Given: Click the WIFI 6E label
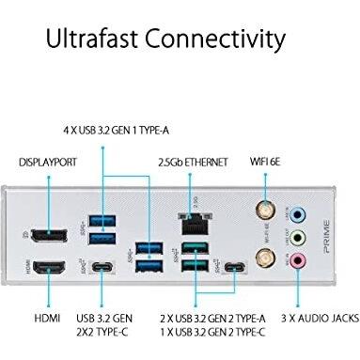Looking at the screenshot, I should tap(267, 160).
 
